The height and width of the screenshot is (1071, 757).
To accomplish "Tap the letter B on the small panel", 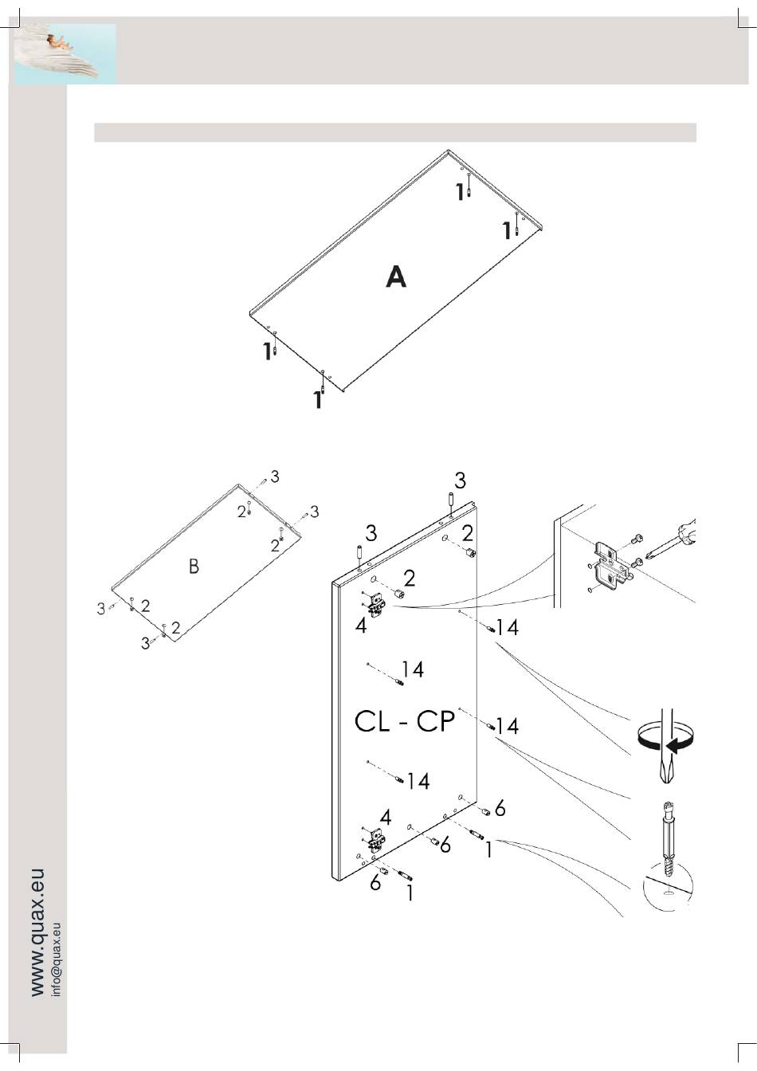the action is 194,566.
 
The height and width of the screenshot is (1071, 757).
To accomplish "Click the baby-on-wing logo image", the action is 65,53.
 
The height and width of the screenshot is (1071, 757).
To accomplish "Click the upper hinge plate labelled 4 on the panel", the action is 375,604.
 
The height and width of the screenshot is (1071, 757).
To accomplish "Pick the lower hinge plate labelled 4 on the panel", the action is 375,840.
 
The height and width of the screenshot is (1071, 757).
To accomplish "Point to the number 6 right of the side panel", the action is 500,809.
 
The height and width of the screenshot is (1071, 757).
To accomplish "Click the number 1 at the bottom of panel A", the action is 317,399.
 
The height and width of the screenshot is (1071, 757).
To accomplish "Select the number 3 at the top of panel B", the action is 274,477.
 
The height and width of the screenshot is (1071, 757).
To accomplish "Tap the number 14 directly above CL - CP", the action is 413,669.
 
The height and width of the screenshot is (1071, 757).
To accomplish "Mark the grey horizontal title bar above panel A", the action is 395,132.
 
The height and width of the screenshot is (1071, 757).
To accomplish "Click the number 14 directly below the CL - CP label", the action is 418,781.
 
